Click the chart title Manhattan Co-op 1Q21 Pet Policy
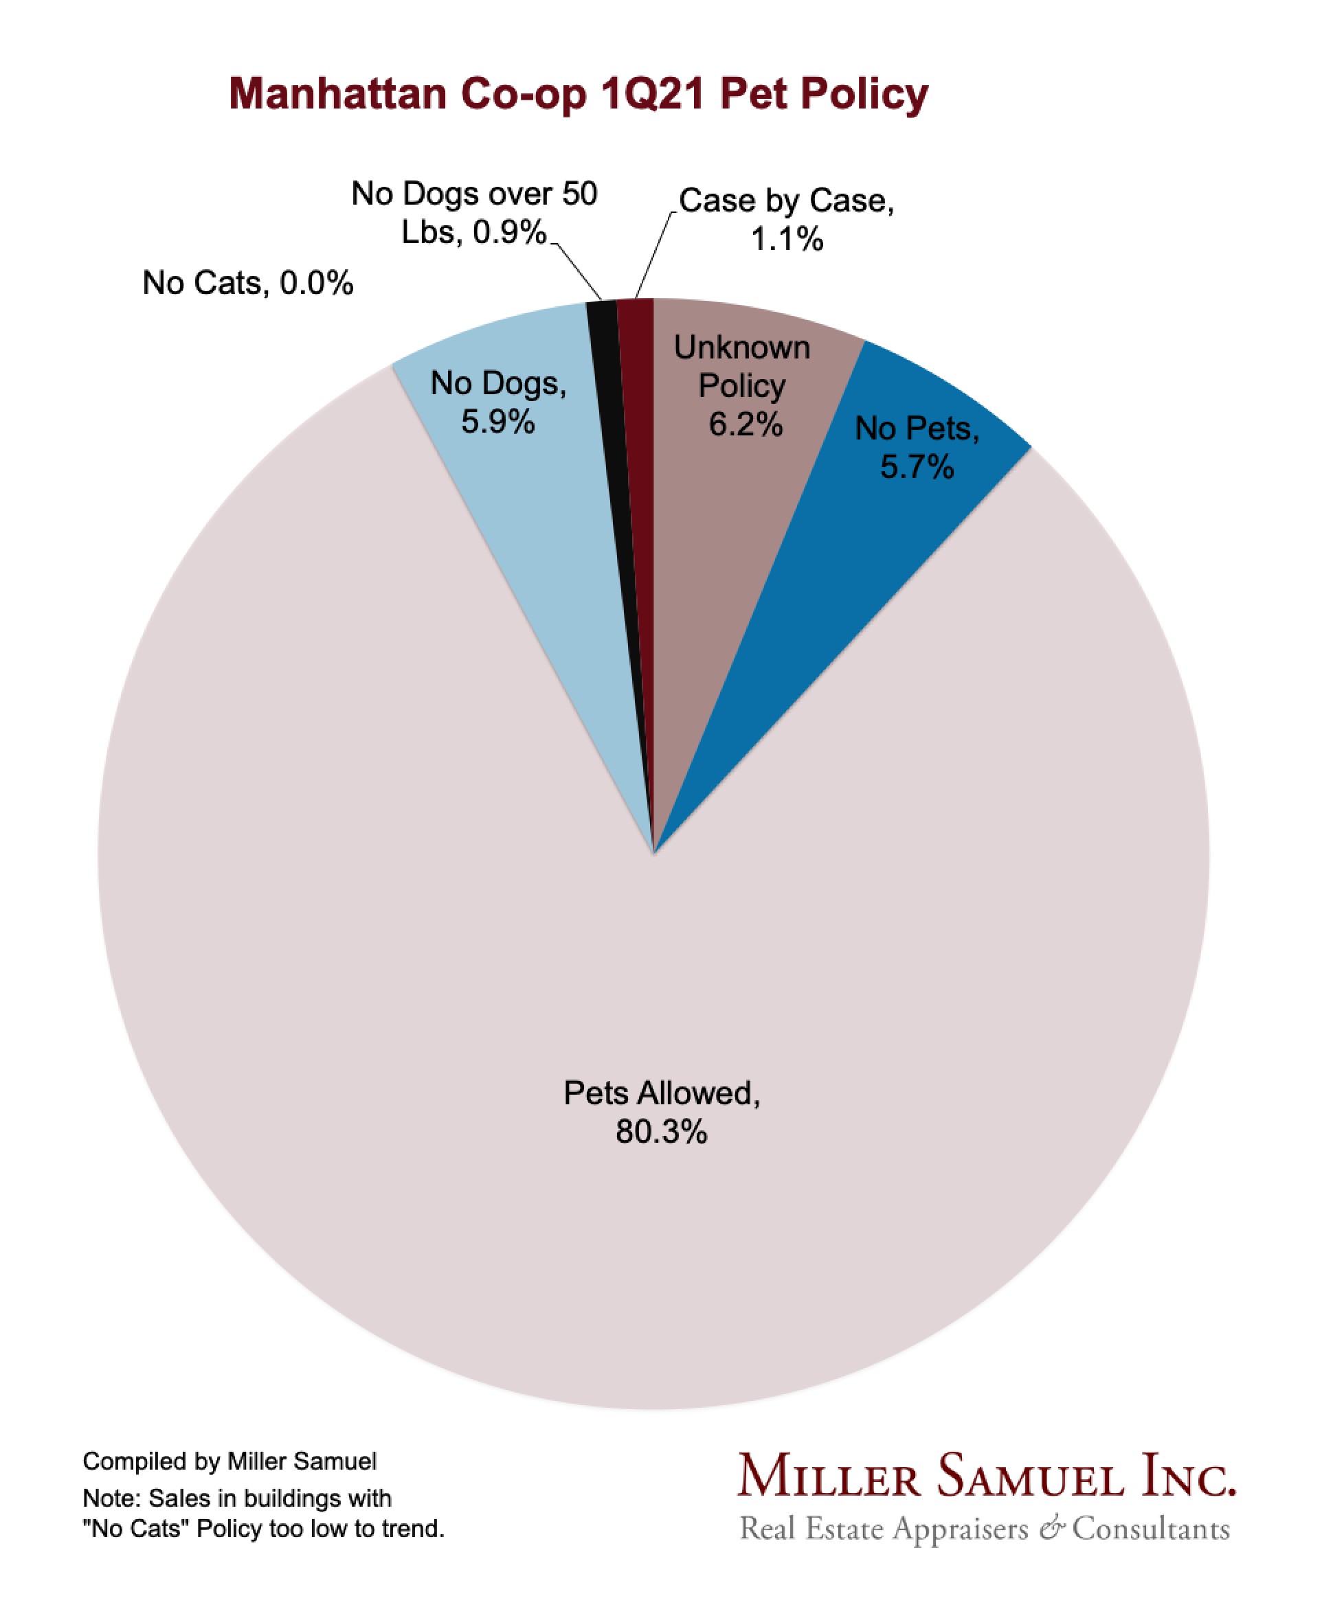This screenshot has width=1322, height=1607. (x=578, y=94)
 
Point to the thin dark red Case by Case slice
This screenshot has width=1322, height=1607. (x=640, y=457)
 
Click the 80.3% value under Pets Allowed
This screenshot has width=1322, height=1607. (x=661, y=1132)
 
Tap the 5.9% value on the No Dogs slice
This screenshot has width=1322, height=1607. (x=498, y=422)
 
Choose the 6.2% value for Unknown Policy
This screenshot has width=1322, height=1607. (x=746, y=425)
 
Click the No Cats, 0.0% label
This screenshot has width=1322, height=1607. (x=247, y=283)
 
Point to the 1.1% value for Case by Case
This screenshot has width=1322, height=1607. (x=787, y=240)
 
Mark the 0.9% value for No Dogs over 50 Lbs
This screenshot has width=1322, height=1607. (x=508, y=232)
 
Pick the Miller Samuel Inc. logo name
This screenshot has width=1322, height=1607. (x=986, y=1476)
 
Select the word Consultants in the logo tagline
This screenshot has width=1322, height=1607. (x=1151, y=1529)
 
